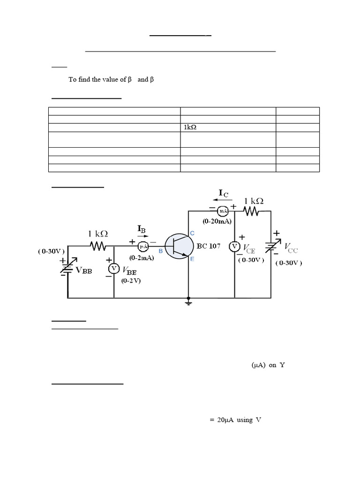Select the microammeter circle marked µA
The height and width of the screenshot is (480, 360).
pyautogui.click(x=143, y=246)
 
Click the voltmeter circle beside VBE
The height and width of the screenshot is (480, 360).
pyautogui.click(x=113, y=269)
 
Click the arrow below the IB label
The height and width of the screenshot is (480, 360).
pyautogui.click(x=141, y=236)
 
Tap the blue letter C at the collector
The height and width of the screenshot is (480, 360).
pyautogui.click(x=192, y=233)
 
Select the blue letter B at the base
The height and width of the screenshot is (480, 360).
pyautogui.click(x=160, y=251)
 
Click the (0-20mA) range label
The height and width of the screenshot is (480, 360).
pyautogui.click(x=217, y=221)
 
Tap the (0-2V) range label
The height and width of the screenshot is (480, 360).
pyautogui.click(x=131, y=281)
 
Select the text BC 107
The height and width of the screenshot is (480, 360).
pyautogui.click(x=209, y=246)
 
